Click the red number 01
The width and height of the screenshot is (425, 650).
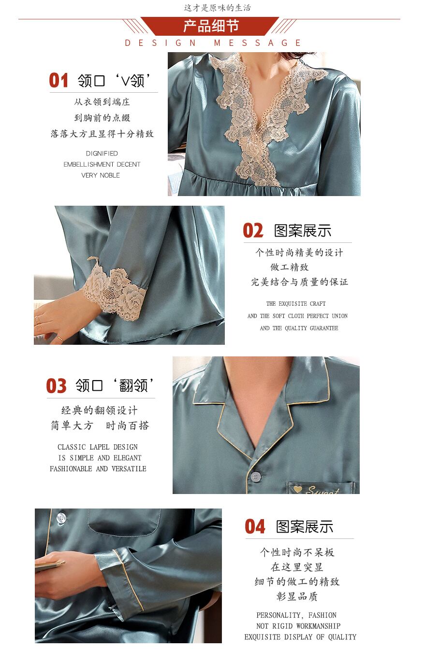(59, 80)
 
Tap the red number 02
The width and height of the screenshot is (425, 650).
(253, 231)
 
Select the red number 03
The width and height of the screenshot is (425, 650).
(57, 386)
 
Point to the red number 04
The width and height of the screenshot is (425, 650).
(255, 527)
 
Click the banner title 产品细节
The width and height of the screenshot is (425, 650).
(211, 26)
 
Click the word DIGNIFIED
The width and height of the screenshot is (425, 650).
(102, 153)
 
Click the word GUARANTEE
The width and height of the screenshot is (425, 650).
(324, 328)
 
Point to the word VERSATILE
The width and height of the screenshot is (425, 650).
(129, 468)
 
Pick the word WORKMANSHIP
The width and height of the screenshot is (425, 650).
(318, 626)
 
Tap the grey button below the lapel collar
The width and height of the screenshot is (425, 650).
(255, 476)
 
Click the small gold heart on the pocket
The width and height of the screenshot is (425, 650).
(297, 489)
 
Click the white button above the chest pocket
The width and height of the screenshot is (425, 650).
(61, 518)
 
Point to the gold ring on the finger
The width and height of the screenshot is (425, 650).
(60, 338)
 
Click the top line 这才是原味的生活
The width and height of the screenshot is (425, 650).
(217, 8)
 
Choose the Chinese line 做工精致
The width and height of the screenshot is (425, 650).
(289, 267)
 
